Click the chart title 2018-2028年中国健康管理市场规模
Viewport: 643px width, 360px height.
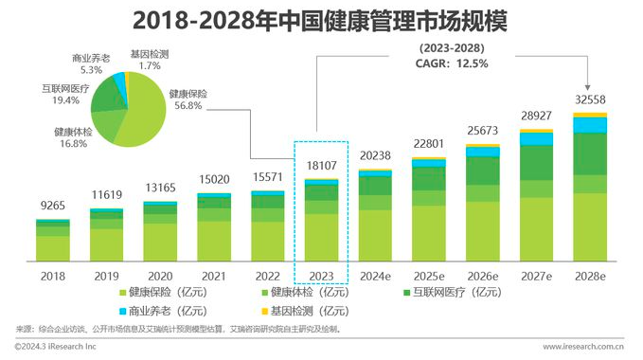point(320,21)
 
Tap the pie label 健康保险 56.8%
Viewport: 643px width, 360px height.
point(186,99)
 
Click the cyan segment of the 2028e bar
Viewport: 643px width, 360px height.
point(591,125)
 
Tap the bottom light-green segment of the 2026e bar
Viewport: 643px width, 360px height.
point(483,232)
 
